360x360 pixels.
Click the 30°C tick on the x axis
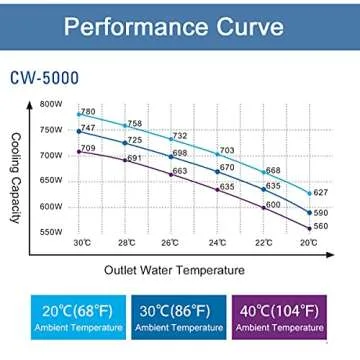[x=83, y=243]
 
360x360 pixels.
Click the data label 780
[x=88, y=111]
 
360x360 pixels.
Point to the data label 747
[x=87, y=128]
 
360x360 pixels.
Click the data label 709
[x=88, y=148]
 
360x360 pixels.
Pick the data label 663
[x=180, y=172]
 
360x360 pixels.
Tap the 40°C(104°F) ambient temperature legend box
[x=285, y=314]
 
